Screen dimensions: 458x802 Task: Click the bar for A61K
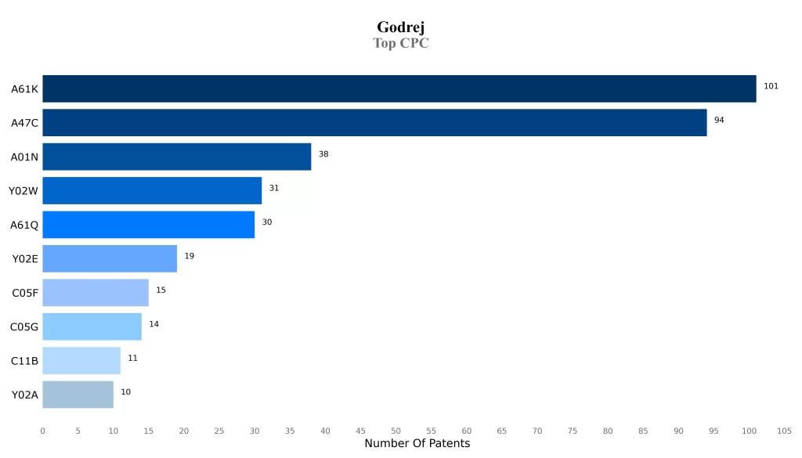(x=399, y=88)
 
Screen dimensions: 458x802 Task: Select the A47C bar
(x=374, y=123)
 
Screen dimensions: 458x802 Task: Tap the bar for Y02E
(x=110, y=258)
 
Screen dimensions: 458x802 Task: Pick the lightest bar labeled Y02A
(x=78, y=395)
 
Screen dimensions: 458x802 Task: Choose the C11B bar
(x=81, y=361)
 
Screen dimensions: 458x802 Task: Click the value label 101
(x=771, y=86)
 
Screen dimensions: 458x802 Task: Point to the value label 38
(x=323, y=154)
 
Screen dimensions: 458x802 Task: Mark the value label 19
(x=190, y=256)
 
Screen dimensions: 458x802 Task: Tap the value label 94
(x=719, y=120)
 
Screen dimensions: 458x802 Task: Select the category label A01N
(x=24, y=157)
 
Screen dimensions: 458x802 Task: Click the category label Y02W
(x=23, y=191)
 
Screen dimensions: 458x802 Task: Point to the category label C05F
(x=25, y=293)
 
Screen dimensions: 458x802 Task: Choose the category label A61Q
(x=24, y=225)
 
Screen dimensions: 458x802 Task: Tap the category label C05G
(x=24, y=327)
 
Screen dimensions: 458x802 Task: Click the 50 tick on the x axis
(x=396, y=431)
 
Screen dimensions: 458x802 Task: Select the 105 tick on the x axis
(x=784, y=431)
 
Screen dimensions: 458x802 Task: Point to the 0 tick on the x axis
(x=42, y=431)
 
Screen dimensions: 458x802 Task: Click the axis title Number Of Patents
(x=417, y=444)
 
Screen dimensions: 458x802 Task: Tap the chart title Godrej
(x=400, y=27)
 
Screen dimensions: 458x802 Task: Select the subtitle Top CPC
(x=400, y=43)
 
